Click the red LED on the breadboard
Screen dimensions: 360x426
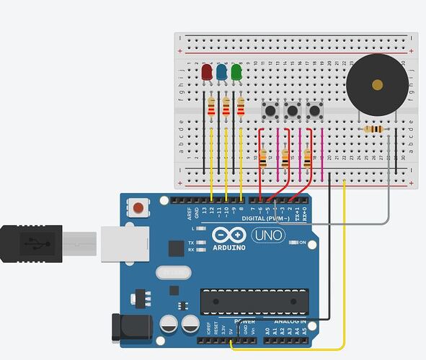click(x=207, y=72)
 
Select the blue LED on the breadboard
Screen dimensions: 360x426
click(x=222, y=72)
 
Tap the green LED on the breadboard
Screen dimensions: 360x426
click(x=236, y=72)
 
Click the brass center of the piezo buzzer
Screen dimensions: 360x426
click(x=377, y=85)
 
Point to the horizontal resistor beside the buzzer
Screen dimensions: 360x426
click(x=374, y=130)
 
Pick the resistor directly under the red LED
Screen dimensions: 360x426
click(x=211, y=108)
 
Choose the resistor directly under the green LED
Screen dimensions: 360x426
click(x=241, y=108)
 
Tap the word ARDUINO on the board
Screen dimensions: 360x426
click(x=229, y=247)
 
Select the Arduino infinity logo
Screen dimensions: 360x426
click(x=228, y=235)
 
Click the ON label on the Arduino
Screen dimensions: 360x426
click(x=302, y=243)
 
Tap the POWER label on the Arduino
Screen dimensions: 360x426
click(x=244, y=320)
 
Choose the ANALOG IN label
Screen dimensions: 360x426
click(x=290, y=320)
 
